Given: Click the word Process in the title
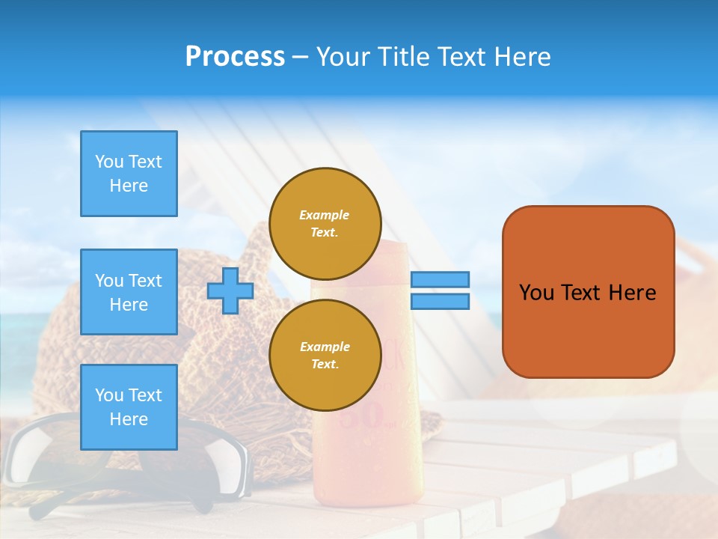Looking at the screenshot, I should pos(235,57).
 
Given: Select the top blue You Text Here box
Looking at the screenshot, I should pos(129,174).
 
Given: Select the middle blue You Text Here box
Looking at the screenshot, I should pos(129,292).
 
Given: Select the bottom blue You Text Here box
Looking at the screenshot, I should pos(129,407).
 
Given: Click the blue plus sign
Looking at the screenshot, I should pos(230,290).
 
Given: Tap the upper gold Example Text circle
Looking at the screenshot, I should pos(325,224).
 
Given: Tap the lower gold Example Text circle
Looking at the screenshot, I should pos(325,356).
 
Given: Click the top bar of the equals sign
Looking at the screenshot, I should pos(440,279).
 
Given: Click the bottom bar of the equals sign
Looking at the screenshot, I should pos(440,302).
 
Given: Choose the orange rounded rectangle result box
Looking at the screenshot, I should pos(588,292).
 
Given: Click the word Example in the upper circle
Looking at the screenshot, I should pos(325,215).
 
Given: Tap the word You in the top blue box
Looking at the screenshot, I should pos(109,162).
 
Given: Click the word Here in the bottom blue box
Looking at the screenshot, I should pos(129,419).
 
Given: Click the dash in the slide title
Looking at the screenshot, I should pos(300,57).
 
